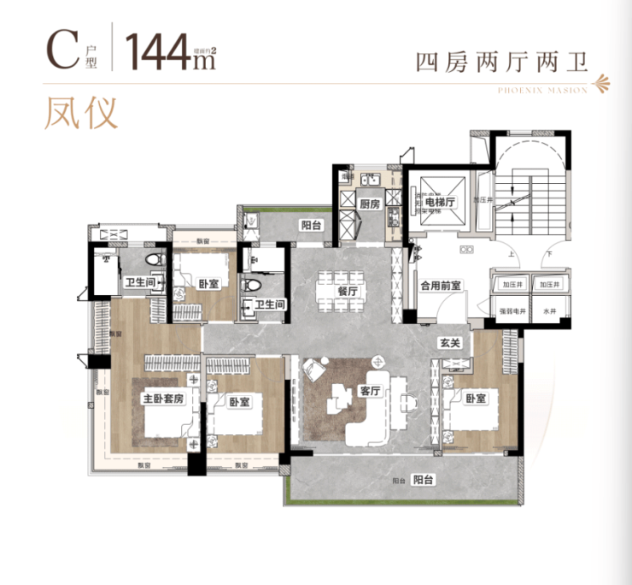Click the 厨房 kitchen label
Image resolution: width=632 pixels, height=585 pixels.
click(369, 204)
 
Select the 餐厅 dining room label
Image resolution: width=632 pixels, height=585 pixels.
click(347, 291)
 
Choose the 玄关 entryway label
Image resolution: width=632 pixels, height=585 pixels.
click(449, 343)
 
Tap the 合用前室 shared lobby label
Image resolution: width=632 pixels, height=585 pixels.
click(442, 287)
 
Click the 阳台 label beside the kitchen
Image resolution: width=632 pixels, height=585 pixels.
click(310, 225)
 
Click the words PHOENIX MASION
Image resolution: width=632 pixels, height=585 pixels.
click(541, 89)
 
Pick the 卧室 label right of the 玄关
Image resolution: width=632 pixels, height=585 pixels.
click(476, 398)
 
